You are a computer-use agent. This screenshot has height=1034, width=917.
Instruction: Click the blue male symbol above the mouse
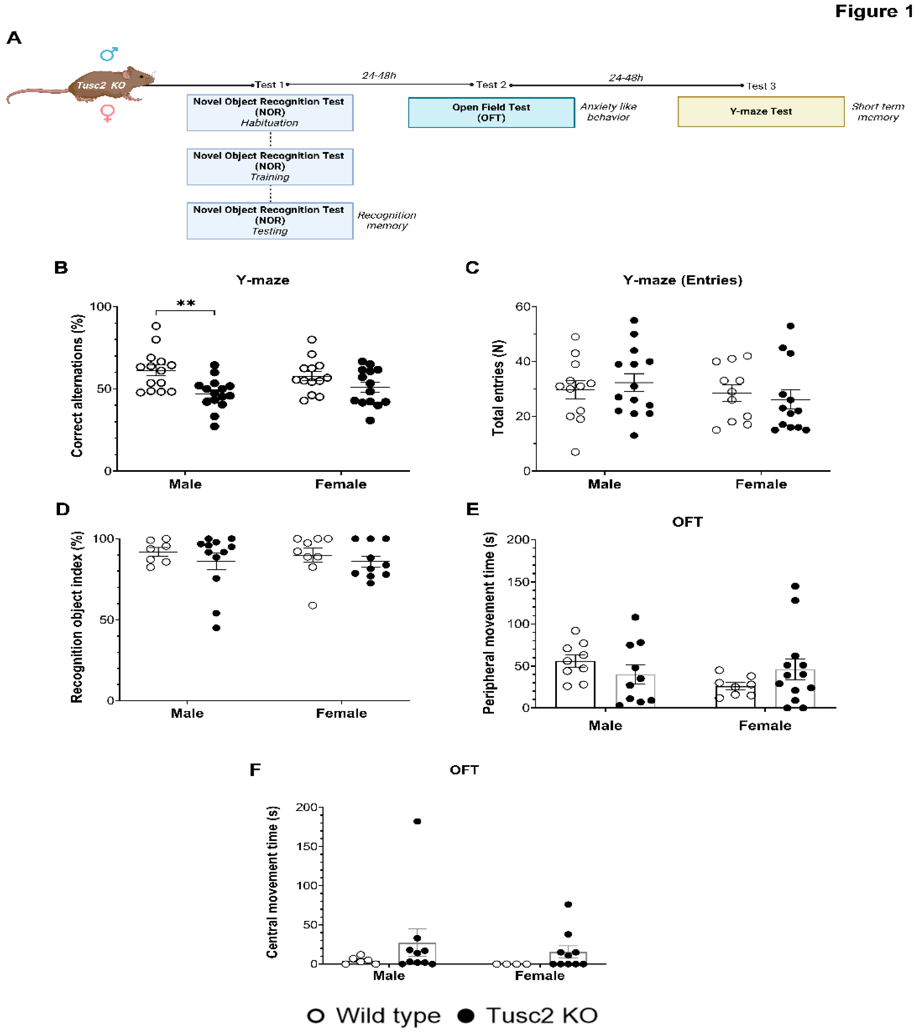pyautogui.click(x=109, y=54)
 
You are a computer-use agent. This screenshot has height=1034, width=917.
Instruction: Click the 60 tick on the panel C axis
pyautogui.click(x=523, y=306)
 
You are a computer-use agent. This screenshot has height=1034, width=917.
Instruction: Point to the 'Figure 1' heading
pyautogui.click(x=873, y=11)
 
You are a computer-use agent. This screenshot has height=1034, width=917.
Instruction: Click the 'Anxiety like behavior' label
pyautogui.click(x=608, y=112)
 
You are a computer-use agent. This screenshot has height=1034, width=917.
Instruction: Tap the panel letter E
pyautogui.click(x=472, y=509)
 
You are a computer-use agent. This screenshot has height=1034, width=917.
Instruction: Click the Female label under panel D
pyautogui.click(x=341, y=713)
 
